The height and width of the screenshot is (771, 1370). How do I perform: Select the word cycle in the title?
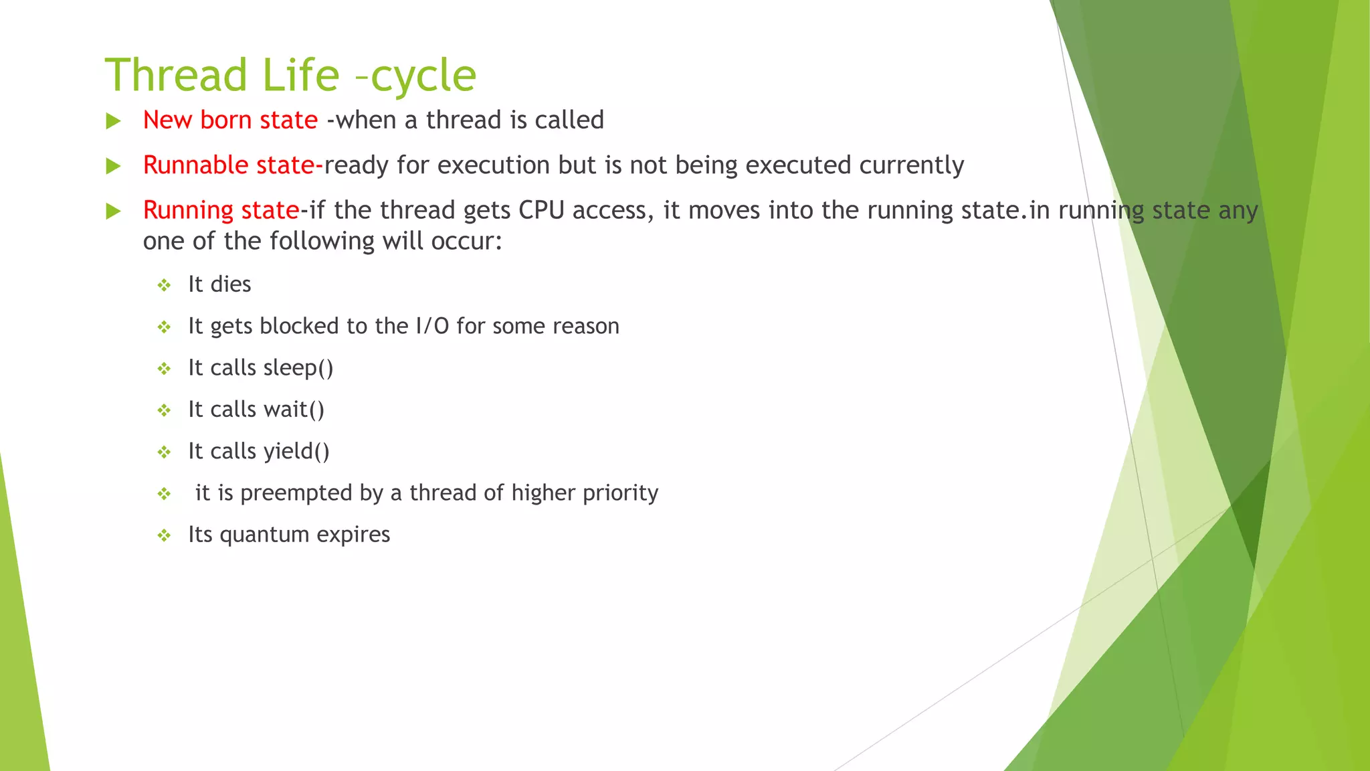click(x=423, y=76)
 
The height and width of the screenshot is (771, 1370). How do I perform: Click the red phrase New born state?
click(x=230, y=120)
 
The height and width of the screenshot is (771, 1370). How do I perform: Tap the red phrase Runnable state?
click(x=229, y=165)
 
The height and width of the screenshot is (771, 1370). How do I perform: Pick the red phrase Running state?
click(x=221, y=210)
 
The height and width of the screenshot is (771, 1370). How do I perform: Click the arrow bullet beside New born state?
click(x=114, y=121)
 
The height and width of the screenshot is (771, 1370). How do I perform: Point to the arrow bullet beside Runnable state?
click(x=114, y=166)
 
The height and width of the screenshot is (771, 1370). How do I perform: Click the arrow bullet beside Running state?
click(x=114, y=211)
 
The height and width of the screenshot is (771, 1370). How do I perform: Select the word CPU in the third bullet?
click(x=541, y=210)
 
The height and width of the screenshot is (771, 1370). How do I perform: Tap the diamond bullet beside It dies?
click(x=164, y=286)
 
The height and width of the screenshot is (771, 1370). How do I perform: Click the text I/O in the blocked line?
click(x=432, y=326)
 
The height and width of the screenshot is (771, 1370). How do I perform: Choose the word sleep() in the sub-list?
click(x=298, y=368)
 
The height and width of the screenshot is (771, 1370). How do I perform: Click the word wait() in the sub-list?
click(x=294, y=410)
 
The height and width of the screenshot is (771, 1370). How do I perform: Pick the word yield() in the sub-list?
click(x=296, y=452)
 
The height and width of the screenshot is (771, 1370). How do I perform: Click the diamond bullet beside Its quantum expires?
click(x=164, y=535)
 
